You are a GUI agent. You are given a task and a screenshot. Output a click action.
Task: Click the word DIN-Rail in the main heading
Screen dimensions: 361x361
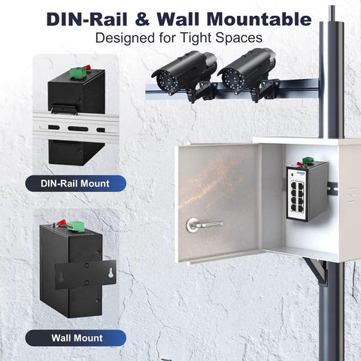click(x=87, y=19)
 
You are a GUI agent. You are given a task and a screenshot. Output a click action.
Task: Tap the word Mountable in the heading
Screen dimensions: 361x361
click(x=259, y=19)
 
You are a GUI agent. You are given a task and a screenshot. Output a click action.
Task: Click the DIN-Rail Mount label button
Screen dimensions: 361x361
click(x=75, y=184)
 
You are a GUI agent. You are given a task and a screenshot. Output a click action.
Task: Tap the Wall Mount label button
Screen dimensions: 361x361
click(x=75, y=338)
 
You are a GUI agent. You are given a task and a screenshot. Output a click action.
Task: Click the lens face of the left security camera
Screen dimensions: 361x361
click(x=167, y=80)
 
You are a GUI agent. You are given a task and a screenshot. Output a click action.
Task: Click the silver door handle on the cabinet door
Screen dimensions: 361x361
click(x=204, y=224)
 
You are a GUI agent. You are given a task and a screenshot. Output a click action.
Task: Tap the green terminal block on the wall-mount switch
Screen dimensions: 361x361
click(x=74, y=226)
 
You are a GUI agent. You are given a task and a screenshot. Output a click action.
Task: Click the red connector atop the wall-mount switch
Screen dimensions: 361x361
click(x=62, y=223)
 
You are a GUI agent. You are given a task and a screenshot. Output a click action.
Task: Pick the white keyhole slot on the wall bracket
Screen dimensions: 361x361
click(x=111, y=272)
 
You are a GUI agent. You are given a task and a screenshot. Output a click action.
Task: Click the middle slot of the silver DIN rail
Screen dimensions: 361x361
click(x=78, y=129)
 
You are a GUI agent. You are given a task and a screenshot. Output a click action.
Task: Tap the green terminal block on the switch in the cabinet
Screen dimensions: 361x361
click(x=308, y=160)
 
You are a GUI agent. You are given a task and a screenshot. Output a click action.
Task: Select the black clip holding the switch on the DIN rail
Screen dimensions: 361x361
click(x=64, y=108)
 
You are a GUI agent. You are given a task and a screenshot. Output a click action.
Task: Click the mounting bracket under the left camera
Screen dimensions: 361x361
click(x=201, y=92)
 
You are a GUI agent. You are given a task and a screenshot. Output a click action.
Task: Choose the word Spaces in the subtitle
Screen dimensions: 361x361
click(x=239, y=38)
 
